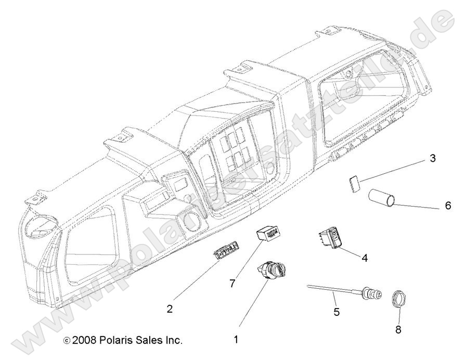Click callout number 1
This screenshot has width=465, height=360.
(236, 339)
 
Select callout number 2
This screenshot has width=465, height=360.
(170, 308)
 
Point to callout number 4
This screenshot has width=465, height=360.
(364, 257)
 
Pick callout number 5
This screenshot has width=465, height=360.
(336, 312)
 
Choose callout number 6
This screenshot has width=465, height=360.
(448, 206)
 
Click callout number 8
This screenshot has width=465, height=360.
(398, 329)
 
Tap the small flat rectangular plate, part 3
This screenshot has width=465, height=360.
(353, 183)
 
